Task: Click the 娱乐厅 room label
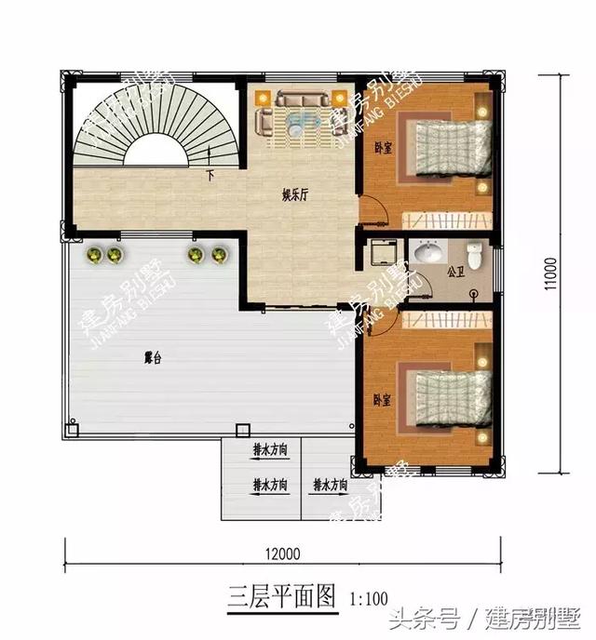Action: [296, 196]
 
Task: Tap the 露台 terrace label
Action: [152, 357]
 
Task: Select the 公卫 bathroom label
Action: [455, 273]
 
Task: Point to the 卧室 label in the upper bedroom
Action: [382, 147]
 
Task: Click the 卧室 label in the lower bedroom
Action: [380, 399]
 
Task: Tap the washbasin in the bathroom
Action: [429, 252]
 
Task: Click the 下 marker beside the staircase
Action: [210, 174]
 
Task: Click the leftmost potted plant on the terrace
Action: [94, 254]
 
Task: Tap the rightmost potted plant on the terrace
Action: [219, 254]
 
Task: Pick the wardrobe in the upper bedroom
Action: [444, 220]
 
